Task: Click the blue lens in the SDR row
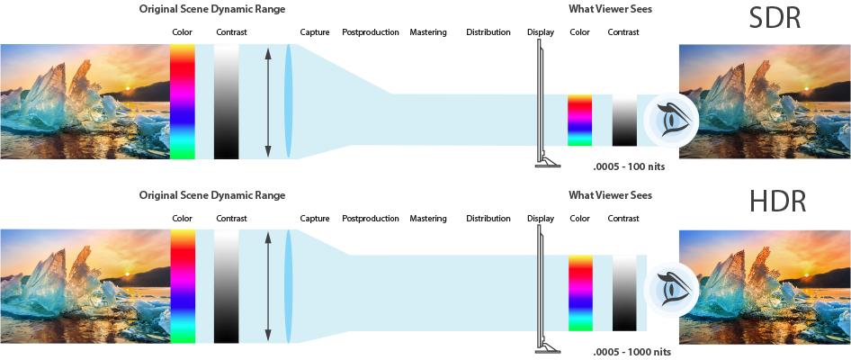coord(290,101)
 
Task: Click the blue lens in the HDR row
coord(290,286)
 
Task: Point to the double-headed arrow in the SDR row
coord(267,101)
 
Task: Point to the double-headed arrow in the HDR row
coord(267,286)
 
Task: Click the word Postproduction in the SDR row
coord(370,32)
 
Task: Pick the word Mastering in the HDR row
coord(428,219)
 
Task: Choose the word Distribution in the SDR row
coord(488,32)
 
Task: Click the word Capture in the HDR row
coord(315,219)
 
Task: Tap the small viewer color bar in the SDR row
coord(580,121)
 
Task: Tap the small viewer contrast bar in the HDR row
coord(624,292)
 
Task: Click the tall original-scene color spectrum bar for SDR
coord(182,101)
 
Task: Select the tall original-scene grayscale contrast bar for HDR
coord(227,286)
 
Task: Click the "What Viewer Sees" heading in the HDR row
coord(611,195)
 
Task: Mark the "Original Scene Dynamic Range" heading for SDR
coord(212,9)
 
